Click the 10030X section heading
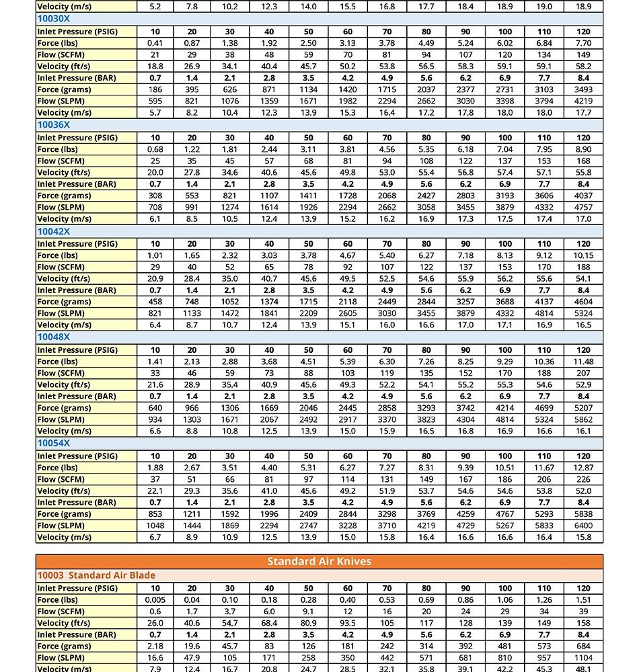54,19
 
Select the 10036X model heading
54,125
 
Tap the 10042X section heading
54,231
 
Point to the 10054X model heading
54,444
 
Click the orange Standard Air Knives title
319,561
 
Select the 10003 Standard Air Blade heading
96,575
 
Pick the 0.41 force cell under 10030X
155,43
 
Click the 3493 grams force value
584,89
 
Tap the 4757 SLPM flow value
584,207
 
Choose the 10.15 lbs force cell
584,255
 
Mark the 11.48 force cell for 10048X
584,362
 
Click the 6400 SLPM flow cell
584,526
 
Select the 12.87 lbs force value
584,468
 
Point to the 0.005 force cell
155,600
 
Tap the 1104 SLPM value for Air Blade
584,658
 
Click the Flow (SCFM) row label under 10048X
61,373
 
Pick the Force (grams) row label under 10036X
65,196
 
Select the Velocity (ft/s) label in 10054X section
63,491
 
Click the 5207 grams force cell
584,408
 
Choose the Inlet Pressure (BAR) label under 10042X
77,290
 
